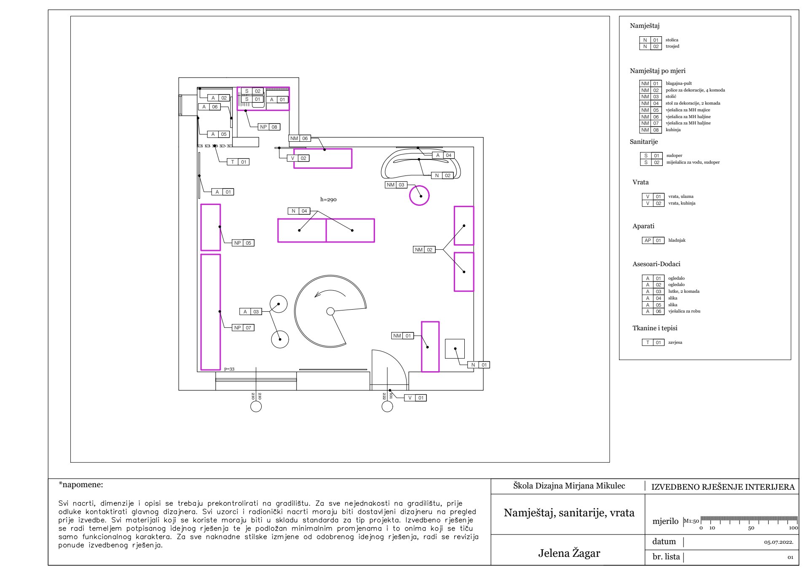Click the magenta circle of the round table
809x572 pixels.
click(x=410, y=196)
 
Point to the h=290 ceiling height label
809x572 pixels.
click(x=328, y=200)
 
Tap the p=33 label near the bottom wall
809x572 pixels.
click(x=229, y=369)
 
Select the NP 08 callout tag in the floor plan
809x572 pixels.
click(x=269, y=127)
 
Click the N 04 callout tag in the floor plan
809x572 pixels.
click(x=299, y=211)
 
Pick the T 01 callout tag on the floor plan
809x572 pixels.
click(x=238, y=162)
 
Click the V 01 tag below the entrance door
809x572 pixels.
click(x=415, y=398)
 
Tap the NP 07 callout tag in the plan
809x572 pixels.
click(x=243, y=328)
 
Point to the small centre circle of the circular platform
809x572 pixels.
click(x=331, y=312)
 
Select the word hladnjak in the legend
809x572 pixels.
click(x=677, y=240)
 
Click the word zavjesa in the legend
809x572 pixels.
click(x=675, y=343)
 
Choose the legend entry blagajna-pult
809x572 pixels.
click(x=679, y=84)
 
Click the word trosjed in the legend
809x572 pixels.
click(x=672, y=46)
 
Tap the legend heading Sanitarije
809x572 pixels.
click(x=644, y=142)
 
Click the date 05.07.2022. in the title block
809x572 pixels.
click(x=779, y=542)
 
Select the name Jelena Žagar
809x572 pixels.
click(x=569, y=553)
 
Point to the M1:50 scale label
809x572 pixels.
click(x=691, y=521)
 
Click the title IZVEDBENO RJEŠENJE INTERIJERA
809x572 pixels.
click(x=723, y=487)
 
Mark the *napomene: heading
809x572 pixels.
click(x=81, y=485)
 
